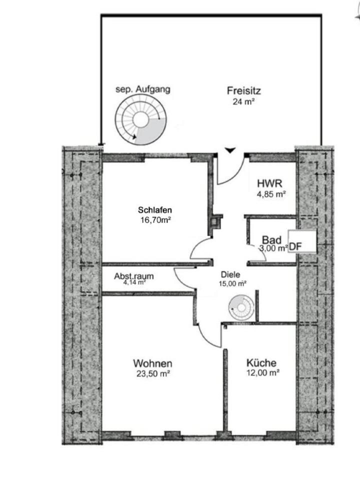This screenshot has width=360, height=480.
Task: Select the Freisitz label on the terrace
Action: pyautogui.click(x=243, y=91)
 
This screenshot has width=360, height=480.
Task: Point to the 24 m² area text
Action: pyautogui.click(x=243, y=101)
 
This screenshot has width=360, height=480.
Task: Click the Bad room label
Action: pyautogui.click(x=272, y=239)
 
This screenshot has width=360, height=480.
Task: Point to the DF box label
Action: pyautogui.click(x=295, y=246)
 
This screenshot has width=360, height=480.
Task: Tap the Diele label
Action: pyautogui.click(x=230, y=274)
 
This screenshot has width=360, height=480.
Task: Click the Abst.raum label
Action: pyautogui.click(x=133, y=276)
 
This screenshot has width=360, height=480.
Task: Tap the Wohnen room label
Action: pyautogui.click(x=152, y=363)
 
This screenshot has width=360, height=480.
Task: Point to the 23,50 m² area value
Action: pyautogui.click(x=153, y=373)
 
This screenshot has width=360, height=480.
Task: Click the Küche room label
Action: pyautogui.click(x=261, y=363)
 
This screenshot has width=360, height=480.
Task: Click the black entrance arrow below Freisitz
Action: pyautogui.click(x=229, y=149)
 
